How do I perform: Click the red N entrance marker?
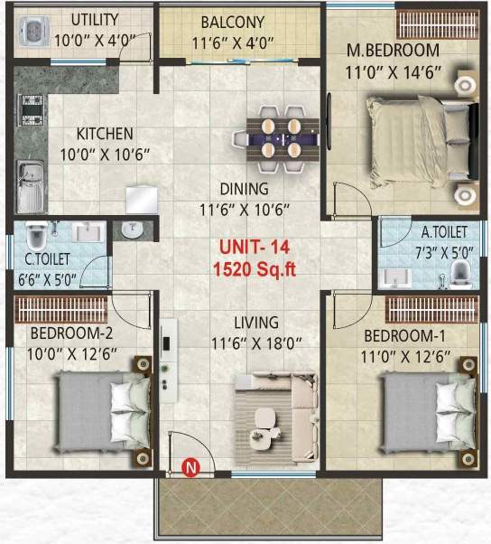(x=190, y=467)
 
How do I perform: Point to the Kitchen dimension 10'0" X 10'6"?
(x=105, y=154)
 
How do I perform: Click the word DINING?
(x=245, y=190)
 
